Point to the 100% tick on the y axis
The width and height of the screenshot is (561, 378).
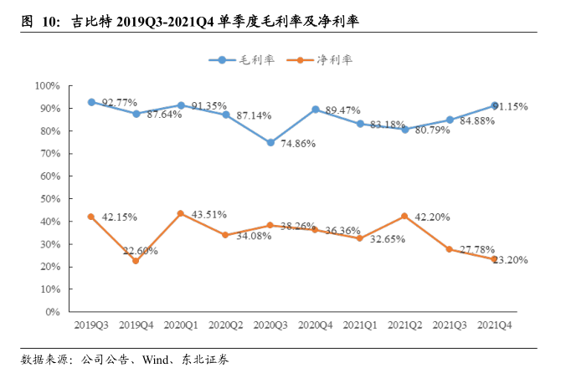47,86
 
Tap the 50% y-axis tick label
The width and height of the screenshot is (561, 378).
49,199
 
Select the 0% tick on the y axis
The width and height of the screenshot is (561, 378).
53,312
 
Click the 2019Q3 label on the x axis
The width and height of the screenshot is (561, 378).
91,324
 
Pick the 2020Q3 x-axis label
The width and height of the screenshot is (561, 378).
270,324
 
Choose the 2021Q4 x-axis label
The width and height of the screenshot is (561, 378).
495,324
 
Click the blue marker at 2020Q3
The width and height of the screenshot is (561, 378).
270,143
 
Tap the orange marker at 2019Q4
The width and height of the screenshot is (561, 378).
136,261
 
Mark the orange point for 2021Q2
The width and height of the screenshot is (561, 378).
405,217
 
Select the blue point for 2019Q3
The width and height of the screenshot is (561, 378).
91,102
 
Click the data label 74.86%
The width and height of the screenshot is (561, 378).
299,144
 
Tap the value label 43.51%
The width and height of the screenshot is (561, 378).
209,214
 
